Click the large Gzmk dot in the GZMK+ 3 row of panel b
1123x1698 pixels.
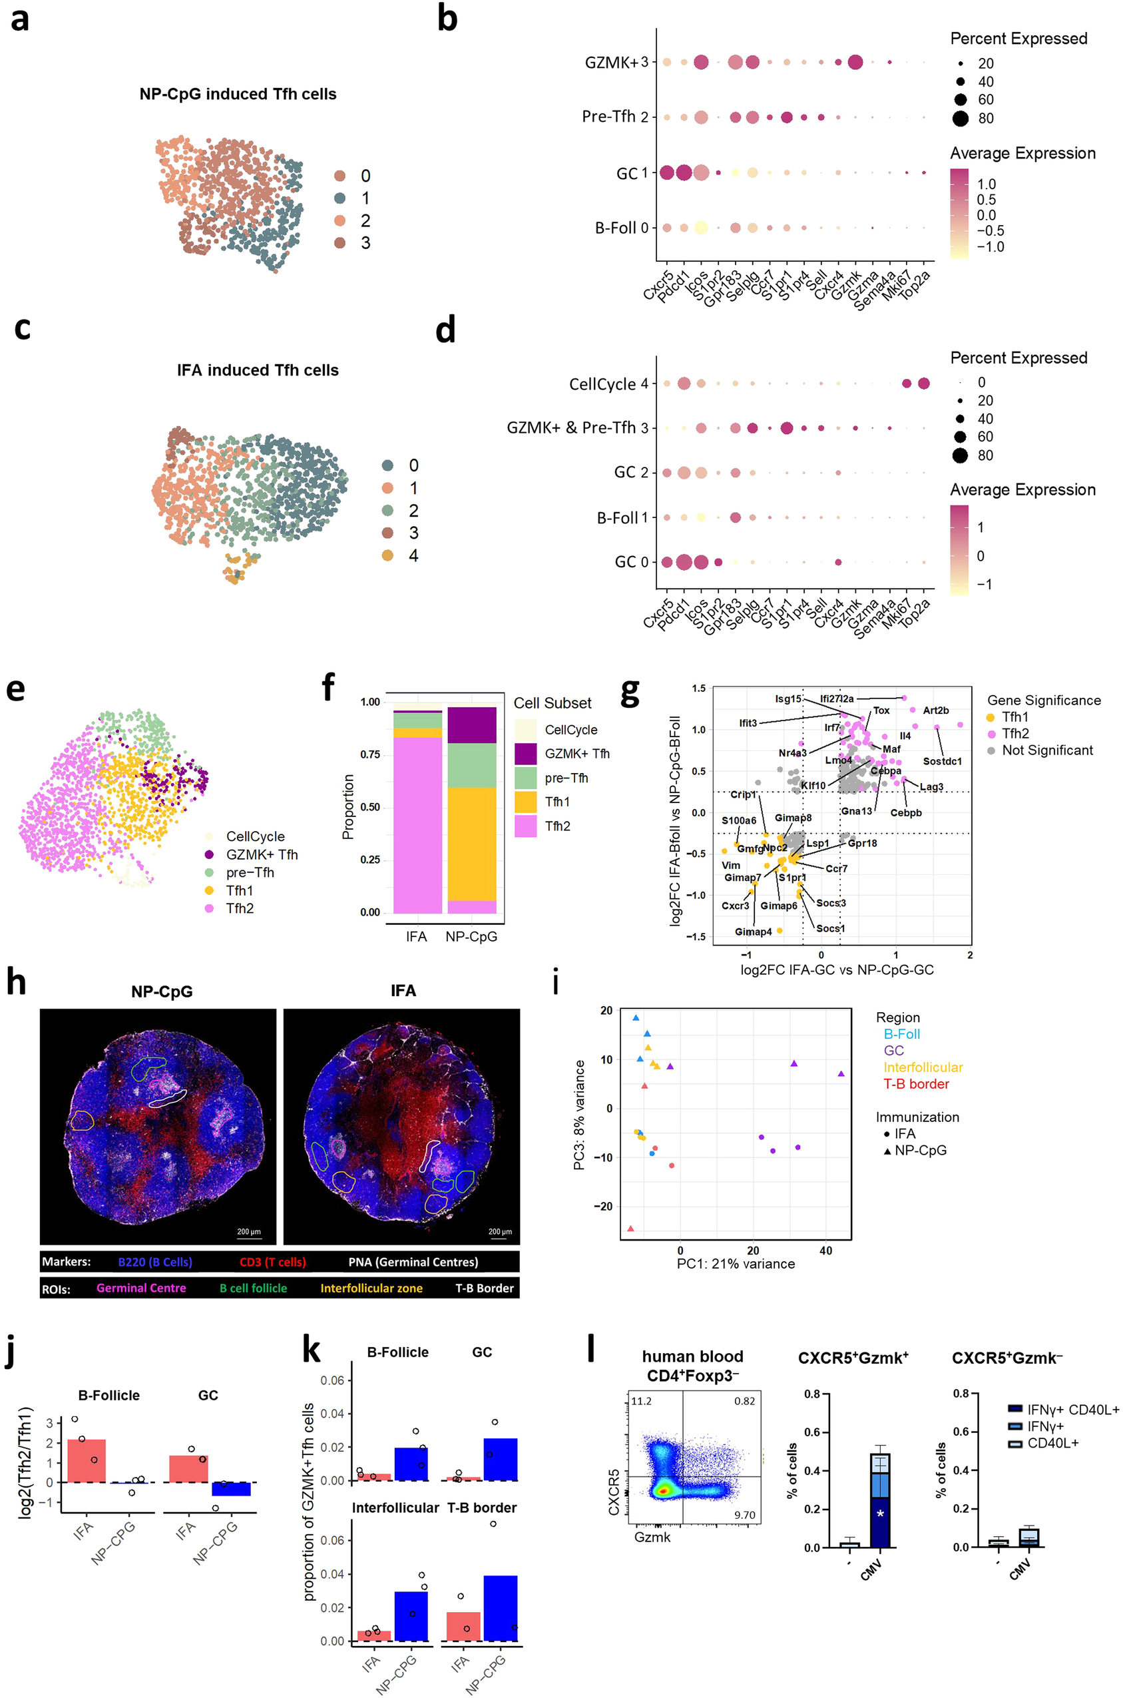(855, 63)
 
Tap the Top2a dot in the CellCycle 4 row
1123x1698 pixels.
(923, 384)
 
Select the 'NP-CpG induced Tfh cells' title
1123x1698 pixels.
(238, 94)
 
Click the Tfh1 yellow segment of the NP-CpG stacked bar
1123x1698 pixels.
(471, 844)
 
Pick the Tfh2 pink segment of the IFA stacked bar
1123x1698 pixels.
(417, 824)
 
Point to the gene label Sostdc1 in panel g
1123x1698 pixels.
(942, 761)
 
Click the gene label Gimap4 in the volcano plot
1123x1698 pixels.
(753, 932)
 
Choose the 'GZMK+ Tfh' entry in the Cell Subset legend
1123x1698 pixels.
(576, 754)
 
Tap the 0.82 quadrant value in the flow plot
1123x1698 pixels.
(744, 1400)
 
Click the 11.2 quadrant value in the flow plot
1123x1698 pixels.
(641, 1400)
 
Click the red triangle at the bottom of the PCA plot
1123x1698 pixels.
(630, 1229)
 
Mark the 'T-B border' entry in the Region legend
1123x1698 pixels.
(915, 1084)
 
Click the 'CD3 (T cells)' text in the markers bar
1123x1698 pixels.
(272, 1262)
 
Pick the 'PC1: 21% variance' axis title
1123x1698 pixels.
(736, 1264)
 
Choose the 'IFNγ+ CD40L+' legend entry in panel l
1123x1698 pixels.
(1072, 1410)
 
